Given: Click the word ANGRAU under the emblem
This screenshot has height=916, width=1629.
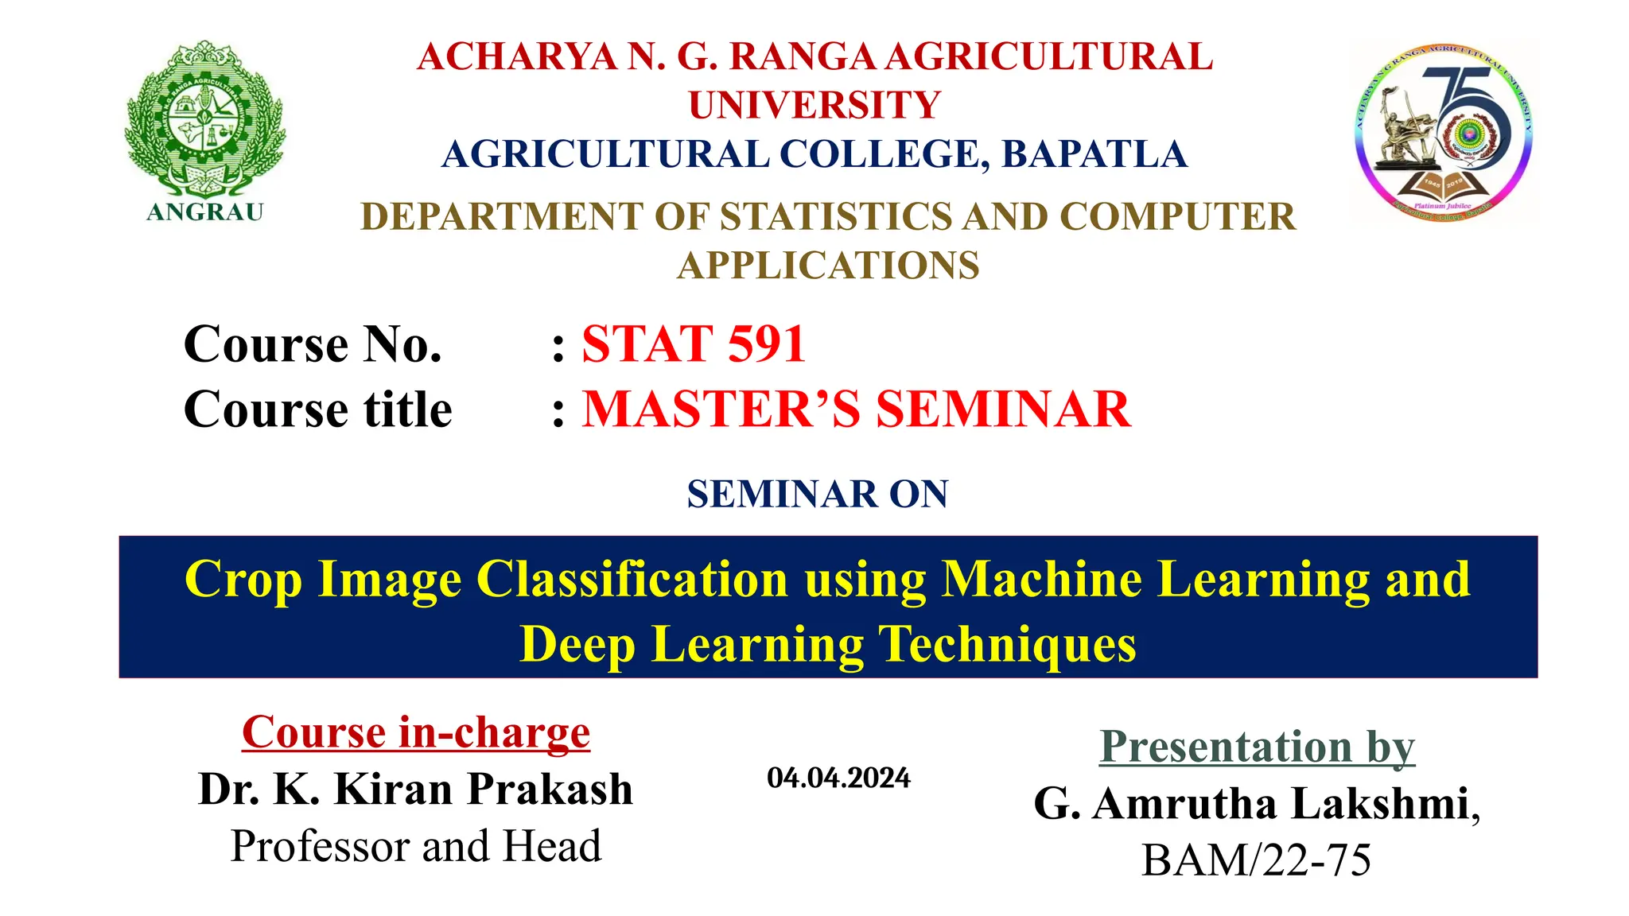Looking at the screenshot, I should click(205, 212).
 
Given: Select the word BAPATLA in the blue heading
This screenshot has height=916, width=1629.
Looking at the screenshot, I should click(1094, 154).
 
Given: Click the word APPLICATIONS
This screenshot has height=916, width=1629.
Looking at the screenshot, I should click(828, 266).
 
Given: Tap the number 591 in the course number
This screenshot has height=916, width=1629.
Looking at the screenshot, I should click(767, 344).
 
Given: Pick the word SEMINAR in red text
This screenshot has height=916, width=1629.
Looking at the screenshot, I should click(1003, 409).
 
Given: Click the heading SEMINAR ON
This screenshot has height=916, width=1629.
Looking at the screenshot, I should click(818, 494).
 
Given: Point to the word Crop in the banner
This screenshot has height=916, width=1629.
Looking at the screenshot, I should click(243, 579).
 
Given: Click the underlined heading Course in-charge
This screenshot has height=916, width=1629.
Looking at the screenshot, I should click(416, 732).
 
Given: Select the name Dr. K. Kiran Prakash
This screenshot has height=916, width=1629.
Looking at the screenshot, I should click(416, 789).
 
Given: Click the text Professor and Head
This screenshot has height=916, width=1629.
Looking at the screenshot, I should click(416, 846).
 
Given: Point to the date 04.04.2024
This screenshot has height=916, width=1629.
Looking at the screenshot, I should click(838, 778).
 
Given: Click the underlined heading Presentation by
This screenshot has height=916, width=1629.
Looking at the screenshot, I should click(1257, 747).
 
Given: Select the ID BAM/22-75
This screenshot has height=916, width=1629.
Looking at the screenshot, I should click(1256, 860).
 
